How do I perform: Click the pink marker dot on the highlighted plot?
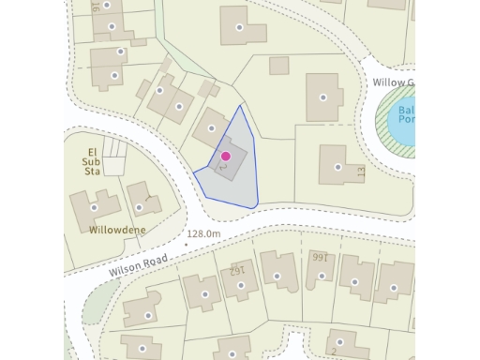(225, 156)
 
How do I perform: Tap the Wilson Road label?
(142, 261)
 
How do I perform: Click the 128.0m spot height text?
(203, 233)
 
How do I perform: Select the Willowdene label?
(118, 228)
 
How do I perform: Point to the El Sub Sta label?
(93, 161)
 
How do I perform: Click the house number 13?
(360, 172)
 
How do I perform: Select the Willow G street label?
(393, 83)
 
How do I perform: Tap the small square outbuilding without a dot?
(278, 66)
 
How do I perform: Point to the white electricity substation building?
(114, 166)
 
